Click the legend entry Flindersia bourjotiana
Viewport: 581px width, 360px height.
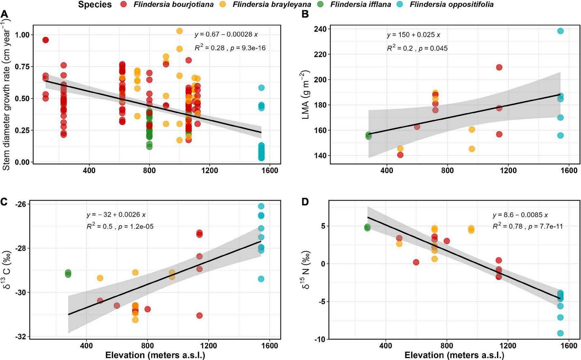point(173,5)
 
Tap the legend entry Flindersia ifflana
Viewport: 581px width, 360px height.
point(360,5)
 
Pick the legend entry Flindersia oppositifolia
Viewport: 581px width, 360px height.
point(451,5)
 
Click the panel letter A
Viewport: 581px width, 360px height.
point(5,14)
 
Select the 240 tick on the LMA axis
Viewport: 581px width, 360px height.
point(319,29)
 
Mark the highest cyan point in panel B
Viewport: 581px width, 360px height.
point(560,31)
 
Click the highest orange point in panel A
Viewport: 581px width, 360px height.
point(179,31)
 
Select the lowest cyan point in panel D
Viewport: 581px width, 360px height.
point(560,333)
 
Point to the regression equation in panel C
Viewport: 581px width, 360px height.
point(116,215)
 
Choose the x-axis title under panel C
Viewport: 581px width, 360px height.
point(155,355)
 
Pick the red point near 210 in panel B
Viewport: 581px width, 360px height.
point(499,67)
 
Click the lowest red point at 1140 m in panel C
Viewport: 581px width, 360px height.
point(199,315)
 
